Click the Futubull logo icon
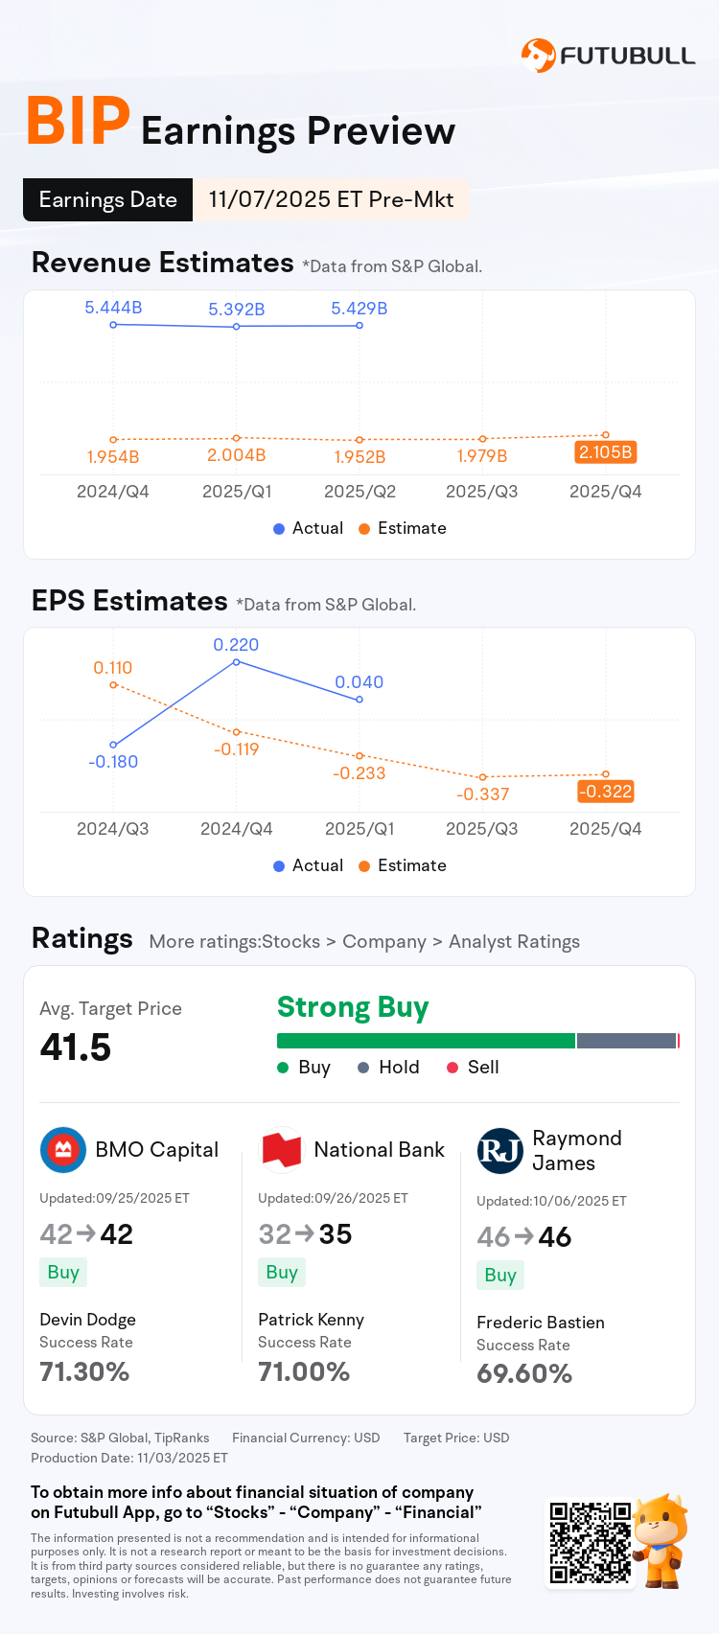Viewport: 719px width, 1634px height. (x=538, y=56)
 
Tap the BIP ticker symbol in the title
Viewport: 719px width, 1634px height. (x=78, y=123)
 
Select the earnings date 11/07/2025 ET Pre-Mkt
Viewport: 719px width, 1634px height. (x=331, y=199)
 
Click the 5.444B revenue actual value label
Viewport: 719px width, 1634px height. (x=113, y=308)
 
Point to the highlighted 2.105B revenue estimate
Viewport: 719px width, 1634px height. (x=605, y=452)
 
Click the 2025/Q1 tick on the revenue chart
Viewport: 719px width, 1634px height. (x=237, y=492)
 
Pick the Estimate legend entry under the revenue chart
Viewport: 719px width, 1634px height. (x=402, y=528)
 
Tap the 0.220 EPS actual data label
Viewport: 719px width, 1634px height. (x=236, y=645)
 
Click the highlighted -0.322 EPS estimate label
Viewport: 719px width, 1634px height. (x=605, y=792)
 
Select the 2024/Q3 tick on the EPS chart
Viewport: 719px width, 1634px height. (x=113, y=829)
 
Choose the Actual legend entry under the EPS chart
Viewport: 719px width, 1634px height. (x=308, y=865)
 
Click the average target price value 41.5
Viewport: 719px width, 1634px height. (x=76, y=1047)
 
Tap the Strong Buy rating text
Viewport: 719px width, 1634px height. (x=353, y=1007)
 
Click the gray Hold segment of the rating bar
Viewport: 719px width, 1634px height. (x=626, y=1041)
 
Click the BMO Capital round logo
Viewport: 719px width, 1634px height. (x=63, y=1150)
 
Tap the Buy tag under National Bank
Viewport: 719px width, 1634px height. (x=282, y=1273)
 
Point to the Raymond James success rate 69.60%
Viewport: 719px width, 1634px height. (x=524, y=1374)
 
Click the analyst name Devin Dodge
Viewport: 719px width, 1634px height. (x=87, y=1320)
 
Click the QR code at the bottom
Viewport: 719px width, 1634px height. (x=590, y=1543)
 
